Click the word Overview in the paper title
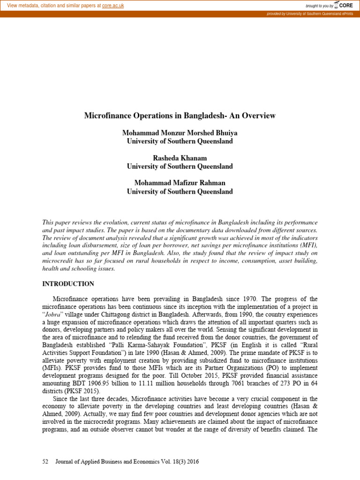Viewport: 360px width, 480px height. click(259, 115)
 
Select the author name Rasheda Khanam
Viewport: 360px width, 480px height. click(180, 158)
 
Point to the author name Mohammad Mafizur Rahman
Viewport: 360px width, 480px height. click(180, 184)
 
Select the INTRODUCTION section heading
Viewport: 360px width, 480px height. click(68, 284)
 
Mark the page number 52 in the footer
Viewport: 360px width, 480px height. click(45, 462)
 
